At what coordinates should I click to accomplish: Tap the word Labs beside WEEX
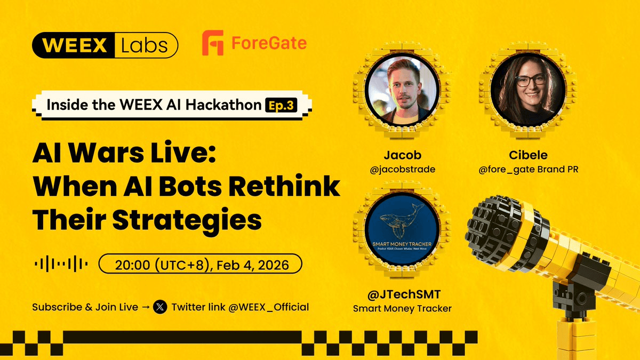[144, 45]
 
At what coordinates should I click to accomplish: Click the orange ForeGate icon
[212, 43]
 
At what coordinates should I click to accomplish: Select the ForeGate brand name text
[269, 43]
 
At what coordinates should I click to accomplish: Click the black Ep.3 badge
[286, 105]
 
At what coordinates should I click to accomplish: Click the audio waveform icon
[61, 264]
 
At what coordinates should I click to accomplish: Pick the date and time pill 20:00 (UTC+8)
[201, 264]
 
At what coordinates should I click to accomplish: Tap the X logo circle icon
[160, 307]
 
